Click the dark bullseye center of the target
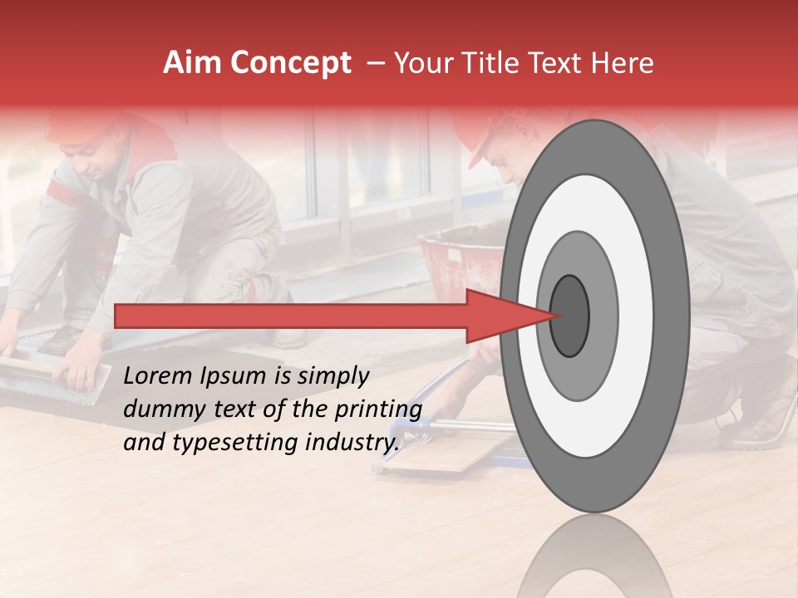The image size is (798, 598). tap(569, 315)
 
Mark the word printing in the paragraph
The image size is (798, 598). tap(380, 409)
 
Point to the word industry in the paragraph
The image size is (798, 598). tap(350, 442)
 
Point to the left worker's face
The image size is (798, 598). tap(104, 158)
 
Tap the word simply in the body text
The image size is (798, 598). tap(332, 376)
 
